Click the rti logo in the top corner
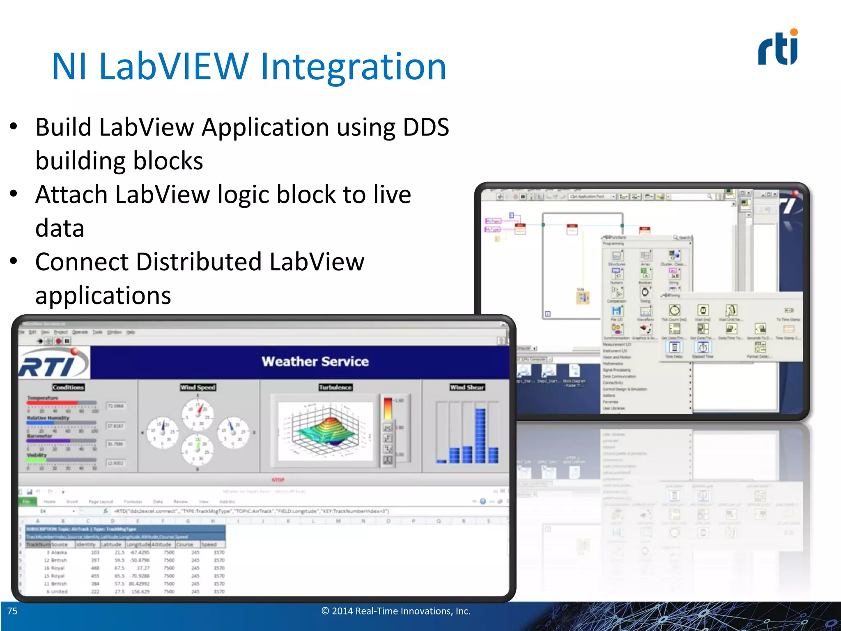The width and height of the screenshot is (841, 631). click(778, 48)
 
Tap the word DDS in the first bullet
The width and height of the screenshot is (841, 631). click(426, 127)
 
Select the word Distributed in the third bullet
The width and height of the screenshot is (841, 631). click(199, 262)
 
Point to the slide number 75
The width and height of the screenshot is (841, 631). click(13, 611)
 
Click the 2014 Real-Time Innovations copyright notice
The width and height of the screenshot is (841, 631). click(395, 611)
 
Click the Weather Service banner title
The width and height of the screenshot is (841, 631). click(315, 362)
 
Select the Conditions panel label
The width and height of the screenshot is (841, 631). click(68, 387)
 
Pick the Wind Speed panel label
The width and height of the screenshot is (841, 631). click(198, 387)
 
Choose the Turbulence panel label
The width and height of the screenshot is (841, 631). click(335, 387)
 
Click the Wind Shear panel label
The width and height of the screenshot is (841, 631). click(467, 387)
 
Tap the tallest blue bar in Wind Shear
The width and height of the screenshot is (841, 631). click(480, 435)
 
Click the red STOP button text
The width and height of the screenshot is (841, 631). click(278, 480)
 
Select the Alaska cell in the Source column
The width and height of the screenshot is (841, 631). click(59, 553)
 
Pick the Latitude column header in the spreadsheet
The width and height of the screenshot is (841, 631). click(111, 544)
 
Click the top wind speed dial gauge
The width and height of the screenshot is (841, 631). click(198, 412)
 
